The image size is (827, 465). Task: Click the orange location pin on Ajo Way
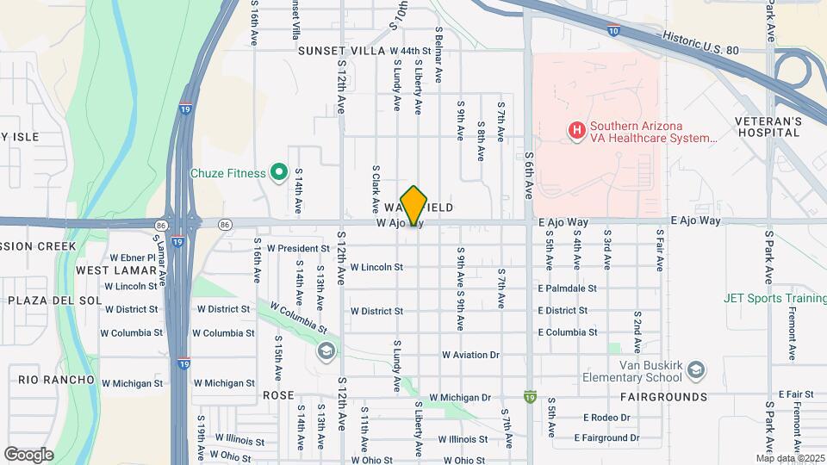click(414, 205)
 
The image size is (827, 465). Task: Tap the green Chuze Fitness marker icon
click(278, 173)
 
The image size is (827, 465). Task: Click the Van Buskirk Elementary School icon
click(695, 371)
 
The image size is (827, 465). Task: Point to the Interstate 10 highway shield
click(612, 31)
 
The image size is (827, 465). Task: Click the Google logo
click(28, 454)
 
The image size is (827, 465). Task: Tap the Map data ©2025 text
click(790, 458)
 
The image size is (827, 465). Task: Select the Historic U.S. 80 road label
click(701, 43)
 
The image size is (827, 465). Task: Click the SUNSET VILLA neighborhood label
click(341, 52)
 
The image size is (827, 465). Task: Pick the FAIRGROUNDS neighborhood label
click(663, 397)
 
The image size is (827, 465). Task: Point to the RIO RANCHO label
click(56, 380)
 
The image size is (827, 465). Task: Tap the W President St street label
click(298, 248)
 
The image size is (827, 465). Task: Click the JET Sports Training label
click(776, 299)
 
